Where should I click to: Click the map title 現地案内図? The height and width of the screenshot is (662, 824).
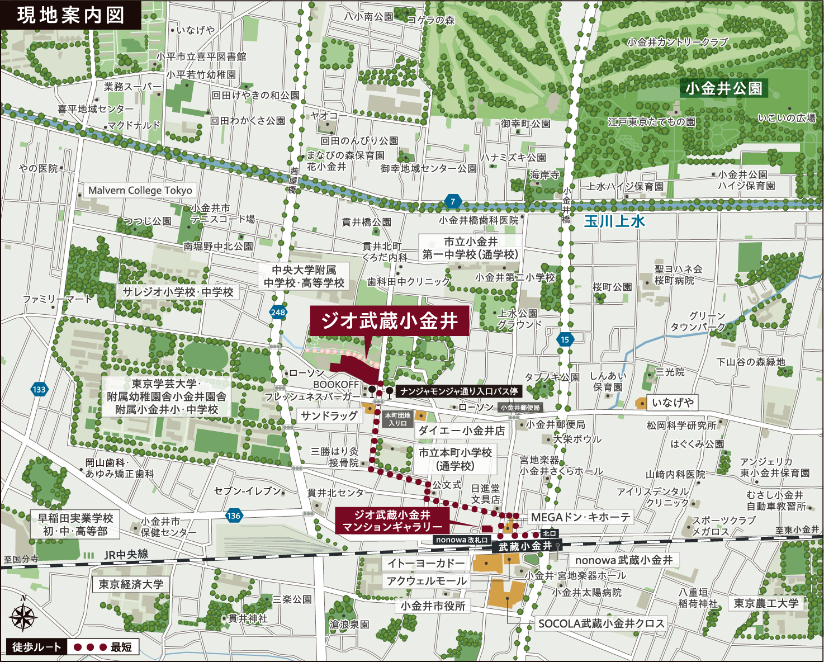pyautogui.click(x=70, y=15)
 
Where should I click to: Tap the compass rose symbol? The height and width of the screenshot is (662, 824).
pyautogui.click(x=23, y=617)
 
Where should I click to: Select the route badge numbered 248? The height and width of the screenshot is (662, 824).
pyautogui.click(x=278, y=313)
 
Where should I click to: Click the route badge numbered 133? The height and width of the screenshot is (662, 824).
pyautogui.click(x=39, y=390)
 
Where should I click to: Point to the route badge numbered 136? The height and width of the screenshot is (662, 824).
pyautogui.click(x=234, y=516)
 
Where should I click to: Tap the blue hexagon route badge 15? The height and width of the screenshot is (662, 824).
pyautogui.click(x=565, y=339)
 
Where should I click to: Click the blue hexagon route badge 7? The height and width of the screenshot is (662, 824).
pyautogui.click(x=453, y=201)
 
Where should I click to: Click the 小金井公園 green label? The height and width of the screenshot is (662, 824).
pyautogui.click(x=723, y=88)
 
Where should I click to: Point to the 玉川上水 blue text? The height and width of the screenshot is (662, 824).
pyautogui.click(x=614, y=221)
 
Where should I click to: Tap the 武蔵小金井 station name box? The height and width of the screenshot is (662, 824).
pyautogui.click(x=525, y=547)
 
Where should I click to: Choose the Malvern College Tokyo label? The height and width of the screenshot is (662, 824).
pyautogui.click(x=140, y=191)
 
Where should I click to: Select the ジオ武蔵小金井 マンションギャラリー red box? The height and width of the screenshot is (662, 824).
pyautogui.click(x=392, y=521)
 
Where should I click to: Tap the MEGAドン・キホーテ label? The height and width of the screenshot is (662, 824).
pyautogui.click(x=580, y=517)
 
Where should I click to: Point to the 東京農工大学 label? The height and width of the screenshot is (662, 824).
pyautogui.click(x=766, y=603)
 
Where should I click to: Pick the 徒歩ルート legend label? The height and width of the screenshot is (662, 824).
pyautogui.click(x=37, y=647)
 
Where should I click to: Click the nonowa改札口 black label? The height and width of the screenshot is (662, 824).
pyautogui.click(x=462, y=540)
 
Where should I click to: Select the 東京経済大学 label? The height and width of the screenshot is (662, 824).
pyautogui.click(x=131, y=584)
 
